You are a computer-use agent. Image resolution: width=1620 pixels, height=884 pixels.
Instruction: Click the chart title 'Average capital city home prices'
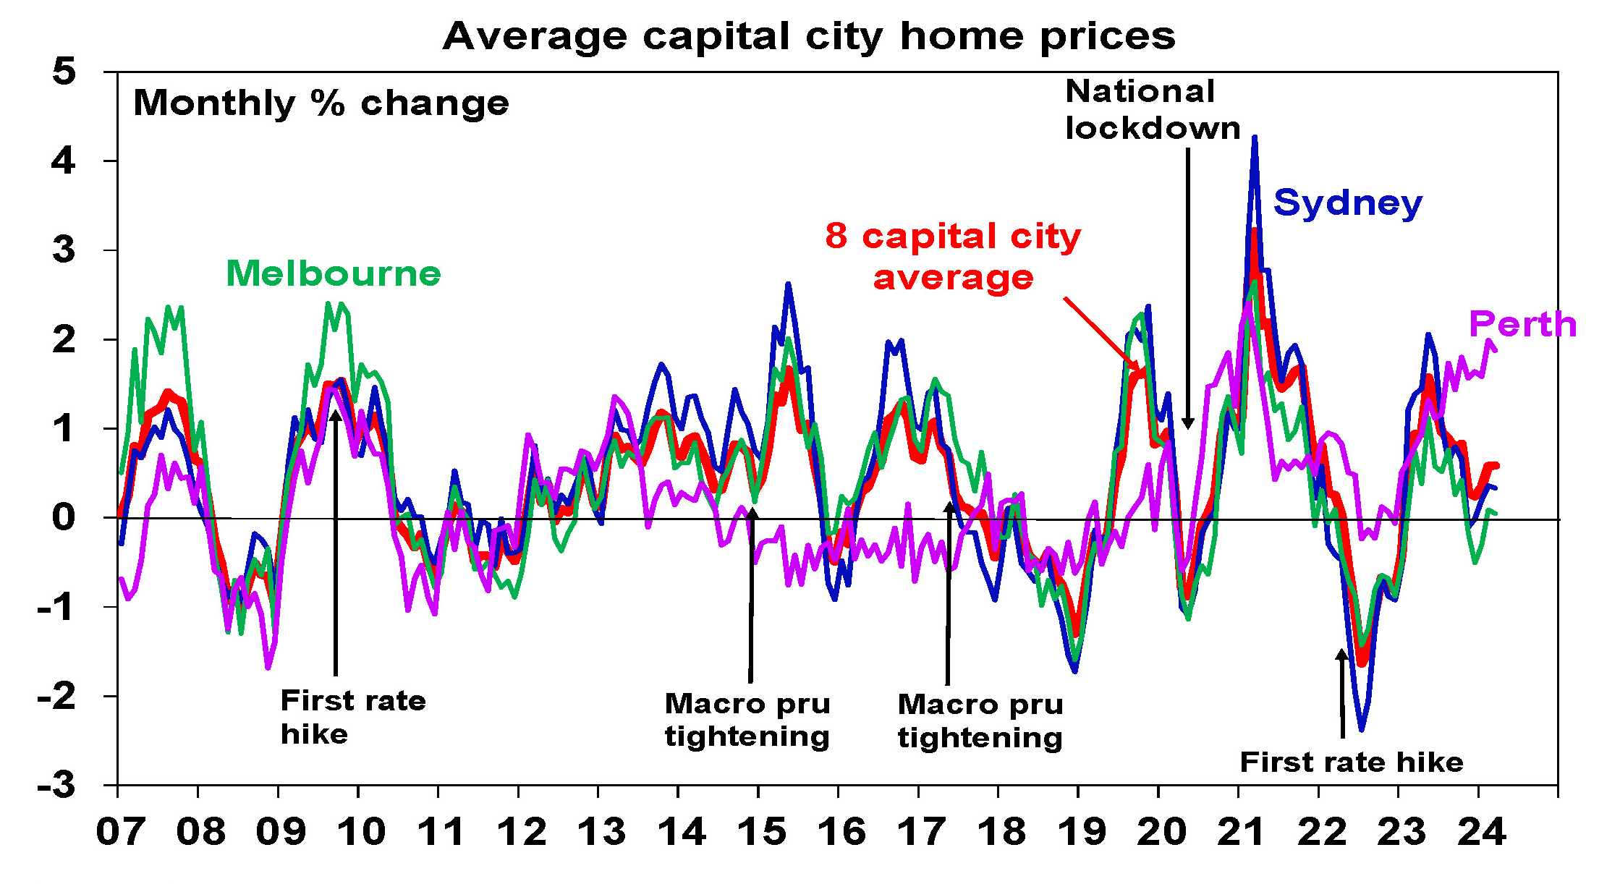tap(809, 36)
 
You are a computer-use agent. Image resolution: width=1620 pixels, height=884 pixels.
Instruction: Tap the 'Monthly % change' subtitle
tap(321, 103)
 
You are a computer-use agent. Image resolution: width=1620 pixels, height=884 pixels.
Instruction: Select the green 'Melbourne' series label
tap(334, 273)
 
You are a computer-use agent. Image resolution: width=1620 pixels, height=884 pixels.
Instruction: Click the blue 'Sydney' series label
tap(1347, 203)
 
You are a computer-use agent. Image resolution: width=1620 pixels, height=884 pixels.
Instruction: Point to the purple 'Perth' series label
tap(1522, 324)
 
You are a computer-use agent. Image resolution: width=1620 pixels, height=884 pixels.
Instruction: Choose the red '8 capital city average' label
tap(953, 257)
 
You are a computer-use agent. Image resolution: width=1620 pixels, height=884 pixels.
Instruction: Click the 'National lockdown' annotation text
tap(1152, 110)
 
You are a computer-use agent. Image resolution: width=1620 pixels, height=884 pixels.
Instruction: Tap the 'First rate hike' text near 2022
tap(1351, 762)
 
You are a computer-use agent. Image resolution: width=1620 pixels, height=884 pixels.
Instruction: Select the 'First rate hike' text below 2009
tap(352, 717)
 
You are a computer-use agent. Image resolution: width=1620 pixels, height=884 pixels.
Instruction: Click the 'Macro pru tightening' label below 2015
tap(747, 720)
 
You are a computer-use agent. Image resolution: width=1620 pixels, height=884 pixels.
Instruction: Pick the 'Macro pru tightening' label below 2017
tap(980, 721)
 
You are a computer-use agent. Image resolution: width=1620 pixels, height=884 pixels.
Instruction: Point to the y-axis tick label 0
tap(64, 518)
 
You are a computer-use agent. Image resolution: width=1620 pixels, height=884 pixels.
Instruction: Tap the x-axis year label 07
tap(121, 832)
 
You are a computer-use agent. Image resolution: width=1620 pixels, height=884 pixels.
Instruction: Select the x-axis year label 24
tap(1481, 832)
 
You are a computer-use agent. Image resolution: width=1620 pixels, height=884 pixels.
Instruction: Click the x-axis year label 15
tap(762, 832)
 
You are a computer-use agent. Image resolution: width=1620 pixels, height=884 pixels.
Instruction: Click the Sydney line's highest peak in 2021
tap(1255, 137)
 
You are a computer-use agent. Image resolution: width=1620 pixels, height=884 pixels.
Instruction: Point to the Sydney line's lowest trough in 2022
tap(1362, 729)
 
